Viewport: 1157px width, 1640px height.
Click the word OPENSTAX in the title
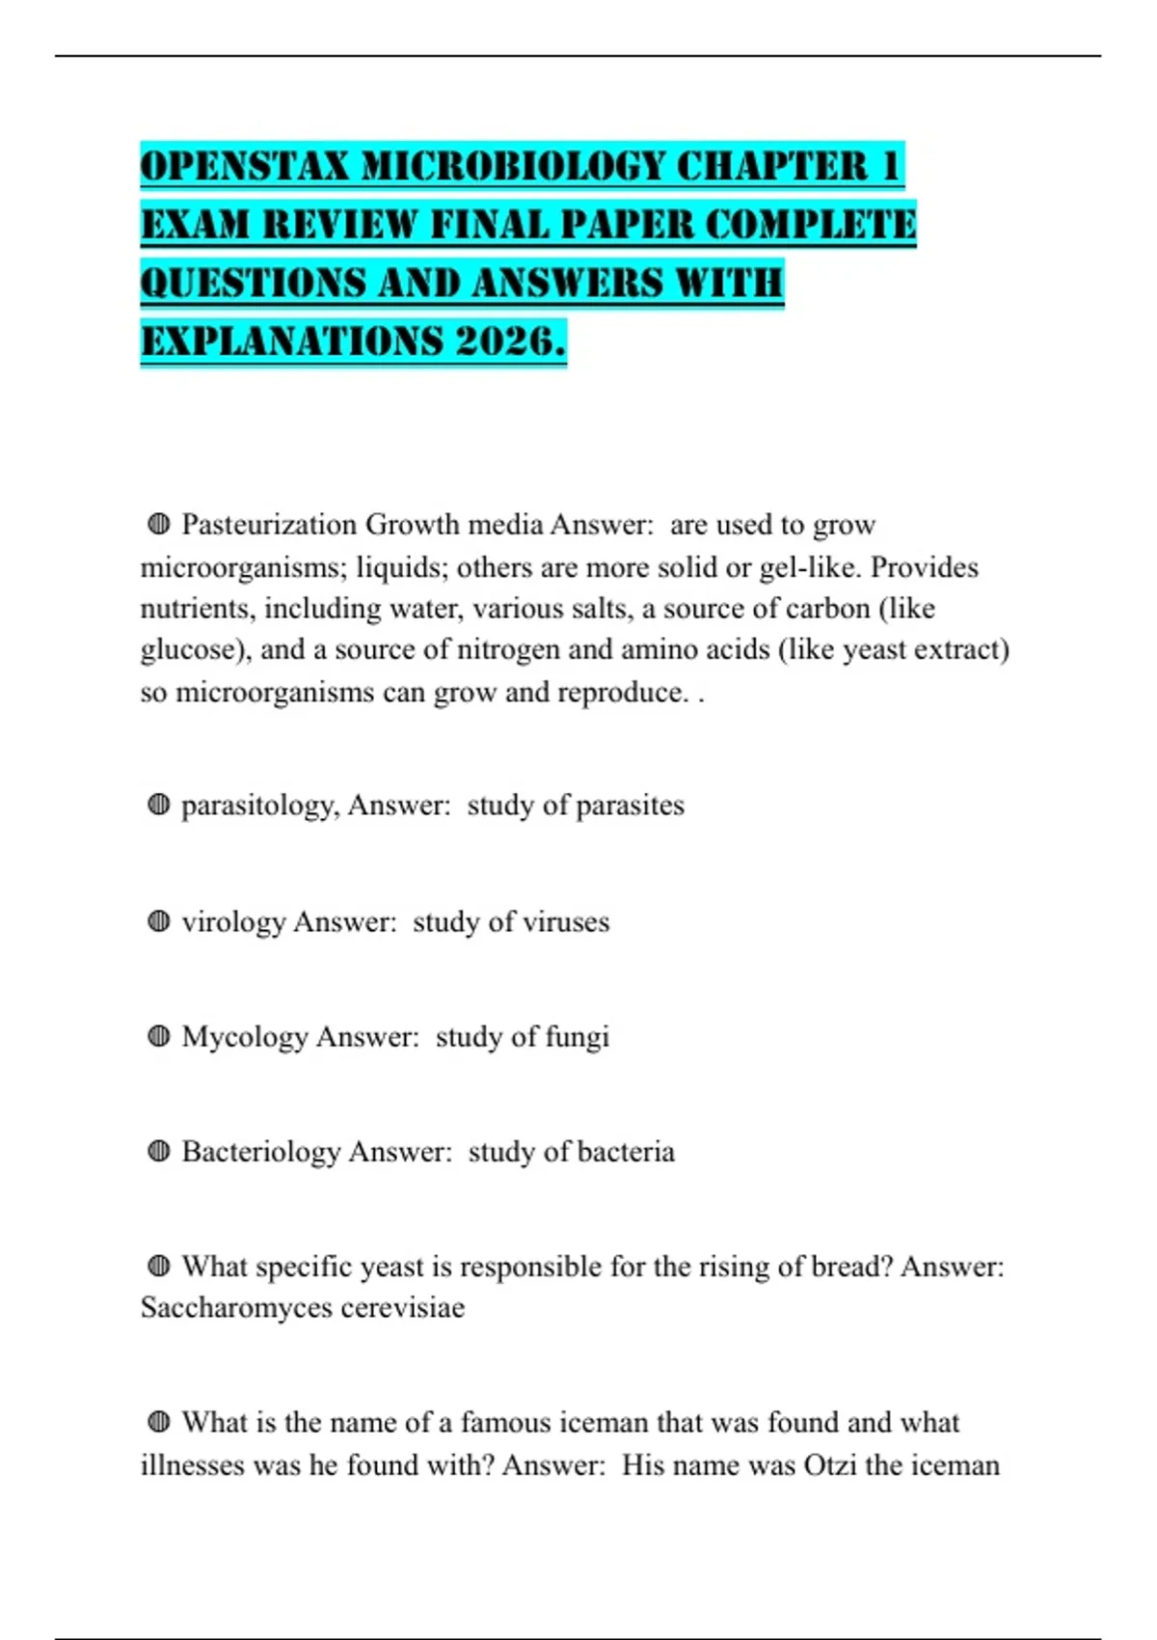pos(245,167)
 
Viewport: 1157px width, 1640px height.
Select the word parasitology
pos(259,806)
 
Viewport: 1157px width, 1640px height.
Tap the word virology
pos(233,922)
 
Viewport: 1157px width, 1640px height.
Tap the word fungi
pos(578,1037)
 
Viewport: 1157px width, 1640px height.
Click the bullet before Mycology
pos(159,1036)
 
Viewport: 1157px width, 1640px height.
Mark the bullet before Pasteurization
pos(159,524)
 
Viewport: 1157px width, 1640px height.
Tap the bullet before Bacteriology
pos(159,1151)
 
